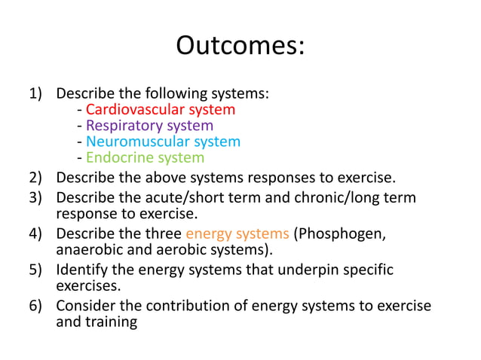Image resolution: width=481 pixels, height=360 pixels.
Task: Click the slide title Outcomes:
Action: [x=240, y=46]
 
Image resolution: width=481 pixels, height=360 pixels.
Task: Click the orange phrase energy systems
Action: [x=237, y=233]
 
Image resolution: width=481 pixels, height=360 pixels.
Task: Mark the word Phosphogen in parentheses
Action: [x=342, y=233]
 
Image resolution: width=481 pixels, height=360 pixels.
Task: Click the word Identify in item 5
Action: [x=81, y=270]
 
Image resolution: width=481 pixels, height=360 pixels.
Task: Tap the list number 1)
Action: [x=37, y=94]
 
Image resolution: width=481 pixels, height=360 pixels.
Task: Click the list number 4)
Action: [x=37, y=233]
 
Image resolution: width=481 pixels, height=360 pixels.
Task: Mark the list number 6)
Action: [x=37, y=306]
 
